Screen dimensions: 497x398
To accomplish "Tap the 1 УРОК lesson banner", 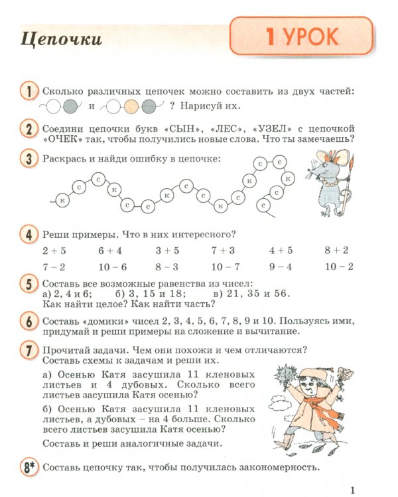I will [302, 37].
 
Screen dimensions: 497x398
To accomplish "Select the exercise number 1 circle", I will [28, 91].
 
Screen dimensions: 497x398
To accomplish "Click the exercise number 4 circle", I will [28, 234].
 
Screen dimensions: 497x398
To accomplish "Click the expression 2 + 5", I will [54, 250].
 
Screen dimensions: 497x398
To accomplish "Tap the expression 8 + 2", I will [336, 250].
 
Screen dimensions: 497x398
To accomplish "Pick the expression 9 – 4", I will [281, 266].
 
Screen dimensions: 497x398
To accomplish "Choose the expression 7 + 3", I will [224, 250].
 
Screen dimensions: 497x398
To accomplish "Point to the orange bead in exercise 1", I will [131, 106].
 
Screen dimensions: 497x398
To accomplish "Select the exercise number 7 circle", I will [28, 351].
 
